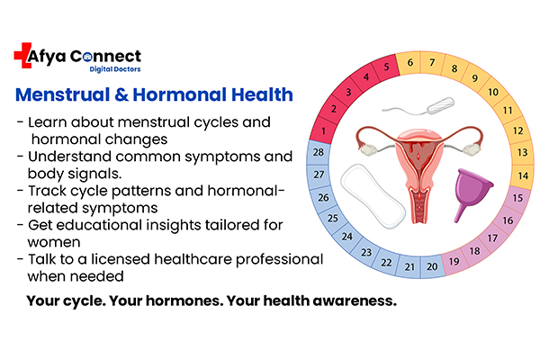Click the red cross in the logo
[24, 56]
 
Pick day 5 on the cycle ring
[387, 65]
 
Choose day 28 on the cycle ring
[318, 154]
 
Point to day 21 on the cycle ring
[410, 265]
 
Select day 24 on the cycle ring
[347, 237]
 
